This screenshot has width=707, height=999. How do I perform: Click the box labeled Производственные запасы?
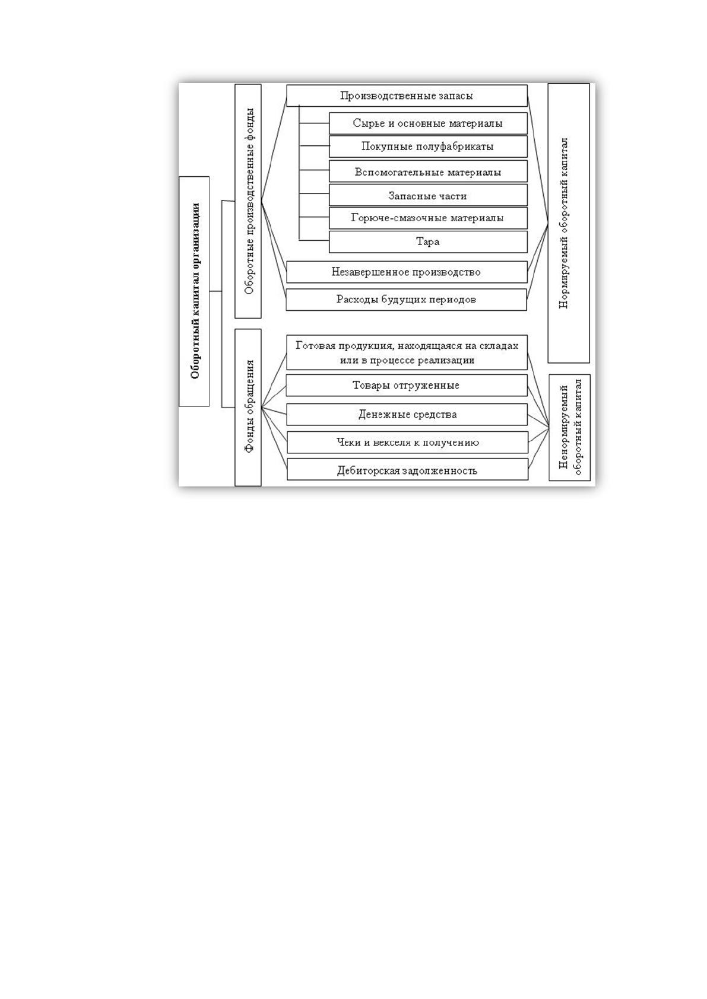407,96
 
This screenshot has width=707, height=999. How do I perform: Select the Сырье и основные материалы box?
428,123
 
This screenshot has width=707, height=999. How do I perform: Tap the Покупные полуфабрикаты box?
428,147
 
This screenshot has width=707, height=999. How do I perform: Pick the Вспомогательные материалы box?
428,171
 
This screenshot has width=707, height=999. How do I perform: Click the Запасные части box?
428,195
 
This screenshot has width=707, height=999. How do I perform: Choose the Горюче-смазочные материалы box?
428,218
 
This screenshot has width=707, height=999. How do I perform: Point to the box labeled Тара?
428,241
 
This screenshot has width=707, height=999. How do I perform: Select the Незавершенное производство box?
407,272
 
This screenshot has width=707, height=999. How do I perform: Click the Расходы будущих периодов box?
406,300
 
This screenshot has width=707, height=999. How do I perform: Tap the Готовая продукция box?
407,352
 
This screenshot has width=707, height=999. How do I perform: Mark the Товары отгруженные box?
407,386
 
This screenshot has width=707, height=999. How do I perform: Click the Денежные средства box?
407,414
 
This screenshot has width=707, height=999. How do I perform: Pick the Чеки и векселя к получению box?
407,443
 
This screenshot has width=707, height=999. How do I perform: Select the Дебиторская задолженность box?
407,470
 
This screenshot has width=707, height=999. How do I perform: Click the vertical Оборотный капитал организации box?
194,292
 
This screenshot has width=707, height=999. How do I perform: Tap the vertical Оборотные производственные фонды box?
248,201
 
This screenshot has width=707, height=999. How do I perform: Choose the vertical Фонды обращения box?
248,408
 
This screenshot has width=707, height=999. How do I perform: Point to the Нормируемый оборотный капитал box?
569,223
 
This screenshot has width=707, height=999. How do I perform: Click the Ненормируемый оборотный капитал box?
569,427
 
